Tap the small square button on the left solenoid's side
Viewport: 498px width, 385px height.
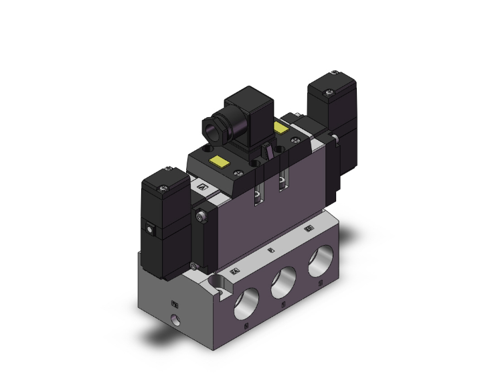(149, 230)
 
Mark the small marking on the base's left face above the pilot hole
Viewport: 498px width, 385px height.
(176, 302)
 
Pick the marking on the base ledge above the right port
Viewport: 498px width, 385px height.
(309, 230)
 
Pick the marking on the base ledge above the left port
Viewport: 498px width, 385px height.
(234, 271)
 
